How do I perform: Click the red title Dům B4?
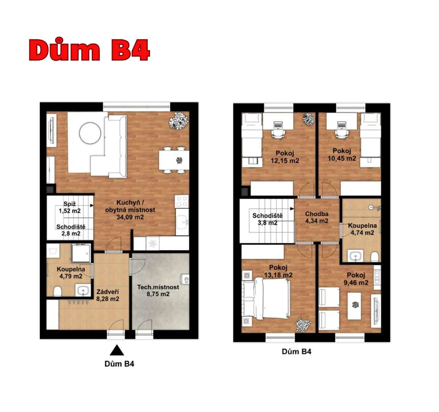89,50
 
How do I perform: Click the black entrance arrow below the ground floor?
117,351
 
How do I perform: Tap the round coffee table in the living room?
90,133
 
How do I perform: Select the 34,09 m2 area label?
130,217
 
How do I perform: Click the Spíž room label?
69,204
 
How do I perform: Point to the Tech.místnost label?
158,287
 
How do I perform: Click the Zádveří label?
107,292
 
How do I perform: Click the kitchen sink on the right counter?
182,222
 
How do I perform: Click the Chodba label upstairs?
317,214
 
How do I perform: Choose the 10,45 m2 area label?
342,158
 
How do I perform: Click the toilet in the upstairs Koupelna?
374,257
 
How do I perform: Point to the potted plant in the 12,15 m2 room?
309,119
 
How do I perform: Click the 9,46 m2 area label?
356,283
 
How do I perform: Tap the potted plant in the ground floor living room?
178,121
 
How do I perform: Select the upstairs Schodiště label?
267,216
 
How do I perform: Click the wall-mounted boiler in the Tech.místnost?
186,279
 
